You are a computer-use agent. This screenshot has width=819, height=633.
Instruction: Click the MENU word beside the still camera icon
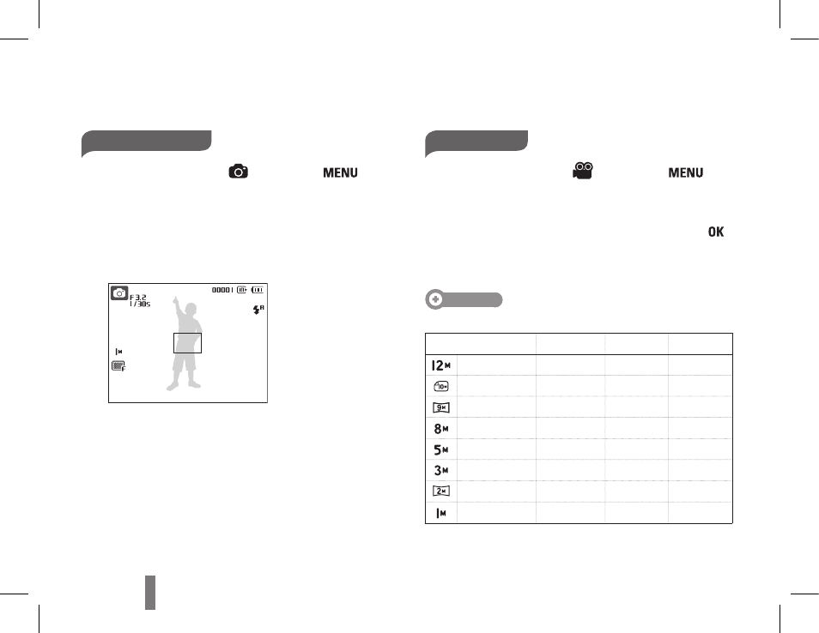340,172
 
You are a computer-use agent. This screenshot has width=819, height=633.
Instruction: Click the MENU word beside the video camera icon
686,172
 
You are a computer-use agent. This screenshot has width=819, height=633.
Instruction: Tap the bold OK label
716,232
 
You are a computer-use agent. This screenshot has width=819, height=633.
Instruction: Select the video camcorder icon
583,172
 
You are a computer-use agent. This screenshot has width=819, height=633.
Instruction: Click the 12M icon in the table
441,365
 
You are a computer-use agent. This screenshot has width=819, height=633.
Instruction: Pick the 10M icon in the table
441,386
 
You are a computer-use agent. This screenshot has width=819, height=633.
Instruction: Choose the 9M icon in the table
441,407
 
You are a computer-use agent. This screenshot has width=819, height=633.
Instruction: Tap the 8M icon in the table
441,429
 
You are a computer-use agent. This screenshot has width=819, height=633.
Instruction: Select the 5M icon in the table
441,449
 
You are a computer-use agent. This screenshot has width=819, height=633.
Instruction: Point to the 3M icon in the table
441,470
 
